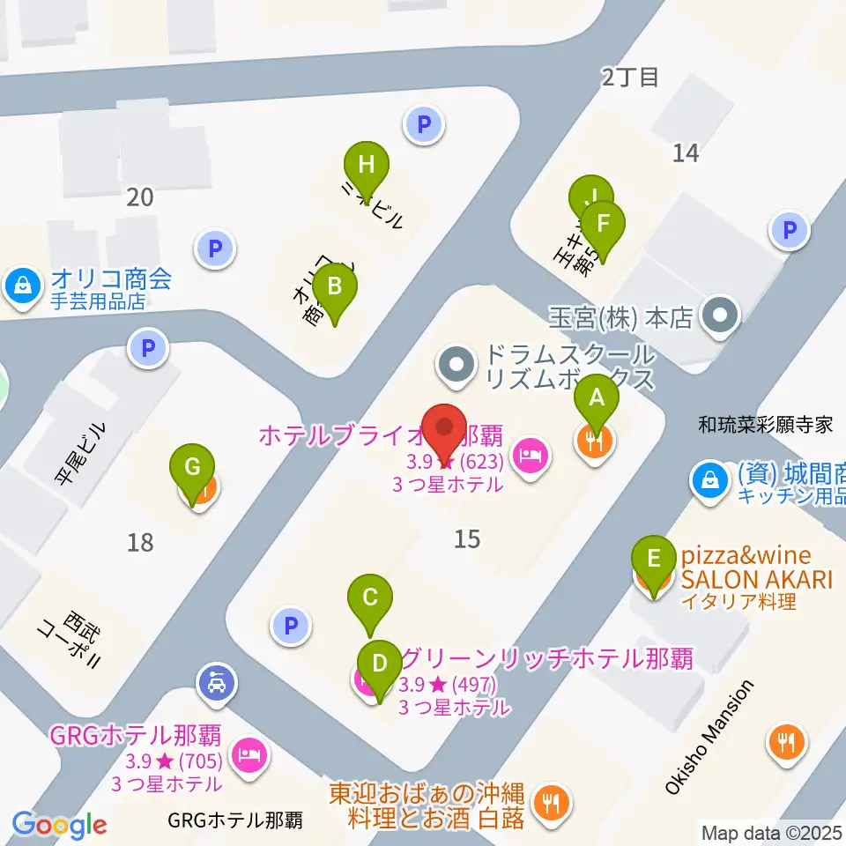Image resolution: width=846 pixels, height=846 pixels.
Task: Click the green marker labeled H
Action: click(x=366, y=164)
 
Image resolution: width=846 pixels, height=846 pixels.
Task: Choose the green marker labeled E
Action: click(x=653, y=559)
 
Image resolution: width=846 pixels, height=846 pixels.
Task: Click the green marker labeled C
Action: click(x=370, y=597)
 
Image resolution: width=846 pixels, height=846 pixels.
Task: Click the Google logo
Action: click(x=60, y=825)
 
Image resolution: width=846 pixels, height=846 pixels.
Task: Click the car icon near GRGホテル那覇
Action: click(x=217, y=682)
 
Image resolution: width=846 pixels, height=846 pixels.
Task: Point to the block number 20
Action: click(x=139, y=197)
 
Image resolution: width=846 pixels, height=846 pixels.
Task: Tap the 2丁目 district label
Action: click(x=630, y=78)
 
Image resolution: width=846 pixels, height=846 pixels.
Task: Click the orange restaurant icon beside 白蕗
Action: click(x=553, y=802)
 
